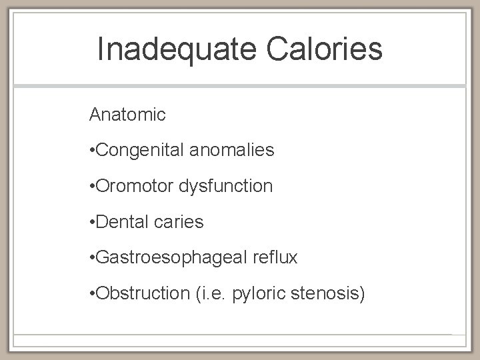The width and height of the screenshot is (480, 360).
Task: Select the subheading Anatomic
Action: point(127,115)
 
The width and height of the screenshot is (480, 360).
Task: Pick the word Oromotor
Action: point(136,186)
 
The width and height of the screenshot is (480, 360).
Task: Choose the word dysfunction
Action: point(227,186)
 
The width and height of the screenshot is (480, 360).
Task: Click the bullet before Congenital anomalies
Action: point(92,151)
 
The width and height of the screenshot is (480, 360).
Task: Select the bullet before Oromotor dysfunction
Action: point(92,187)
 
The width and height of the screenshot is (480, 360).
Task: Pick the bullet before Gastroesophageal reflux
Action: point(92,258)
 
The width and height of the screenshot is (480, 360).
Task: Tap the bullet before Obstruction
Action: point(92,294)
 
